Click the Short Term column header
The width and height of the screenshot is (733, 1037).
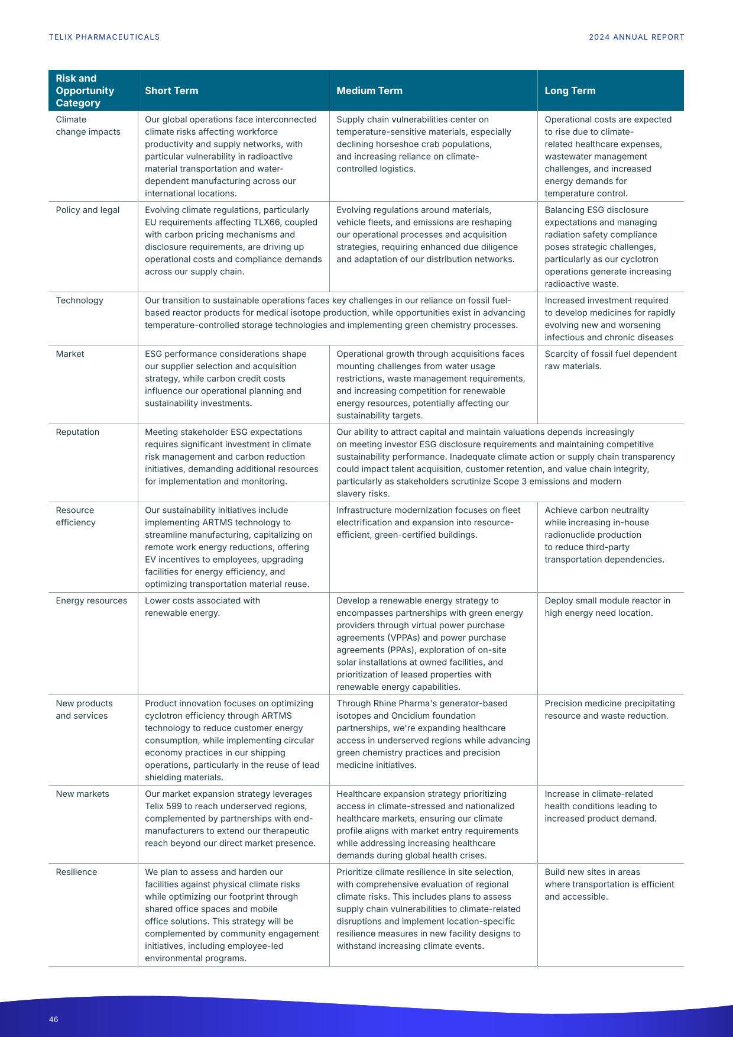coord(171,91)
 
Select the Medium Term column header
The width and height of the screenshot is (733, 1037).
coord(369,91)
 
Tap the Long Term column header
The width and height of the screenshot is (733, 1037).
coord(570,91)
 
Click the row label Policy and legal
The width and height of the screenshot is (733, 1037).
coord(87,210)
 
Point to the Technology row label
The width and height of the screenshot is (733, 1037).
coord(79,301)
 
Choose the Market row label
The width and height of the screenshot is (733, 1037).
coord(70,354)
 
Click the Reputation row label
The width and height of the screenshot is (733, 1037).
coord(77,432)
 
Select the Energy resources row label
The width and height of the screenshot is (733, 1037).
coord(91,600)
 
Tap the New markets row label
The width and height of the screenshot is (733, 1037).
coord(82,794)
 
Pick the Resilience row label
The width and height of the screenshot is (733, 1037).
coord(76,872)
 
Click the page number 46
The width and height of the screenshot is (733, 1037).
coord(54,1019)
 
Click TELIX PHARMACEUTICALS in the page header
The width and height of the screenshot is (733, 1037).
coord(104,37)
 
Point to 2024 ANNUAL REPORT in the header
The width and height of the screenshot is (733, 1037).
coord(636,37)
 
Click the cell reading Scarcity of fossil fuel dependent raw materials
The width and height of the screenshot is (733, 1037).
coord(610,360)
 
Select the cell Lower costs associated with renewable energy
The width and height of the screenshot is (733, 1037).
coord(202,606)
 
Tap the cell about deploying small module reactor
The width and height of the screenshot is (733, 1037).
coord(607,606)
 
